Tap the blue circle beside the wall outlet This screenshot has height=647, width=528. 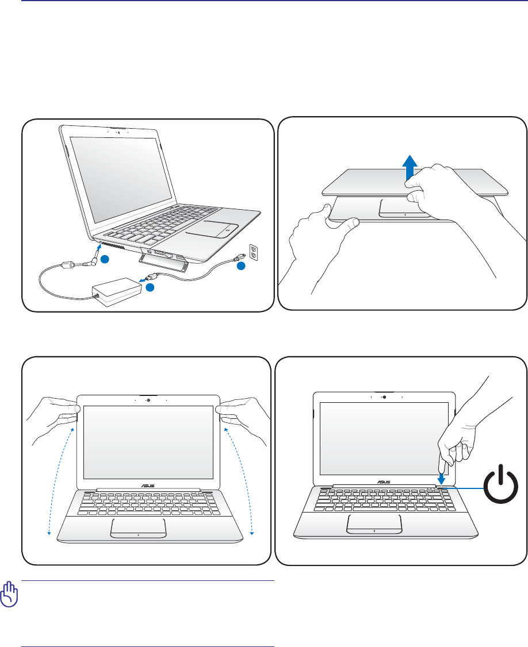click(x=240, y=265)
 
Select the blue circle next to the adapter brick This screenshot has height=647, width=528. click(x=149, y=287)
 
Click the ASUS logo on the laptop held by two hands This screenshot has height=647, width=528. click(x=148, y=484)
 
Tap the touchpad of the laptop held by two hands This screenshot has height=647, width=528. click(x=139, y=527)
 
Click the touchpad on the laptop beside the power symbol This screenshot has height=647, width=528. click(x=374, y=523)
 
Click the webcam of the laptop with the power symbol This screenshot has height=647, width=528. click(x=384, y=397)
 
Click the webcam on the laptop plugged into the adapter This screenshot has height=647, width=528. click(x=118, y=130)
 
